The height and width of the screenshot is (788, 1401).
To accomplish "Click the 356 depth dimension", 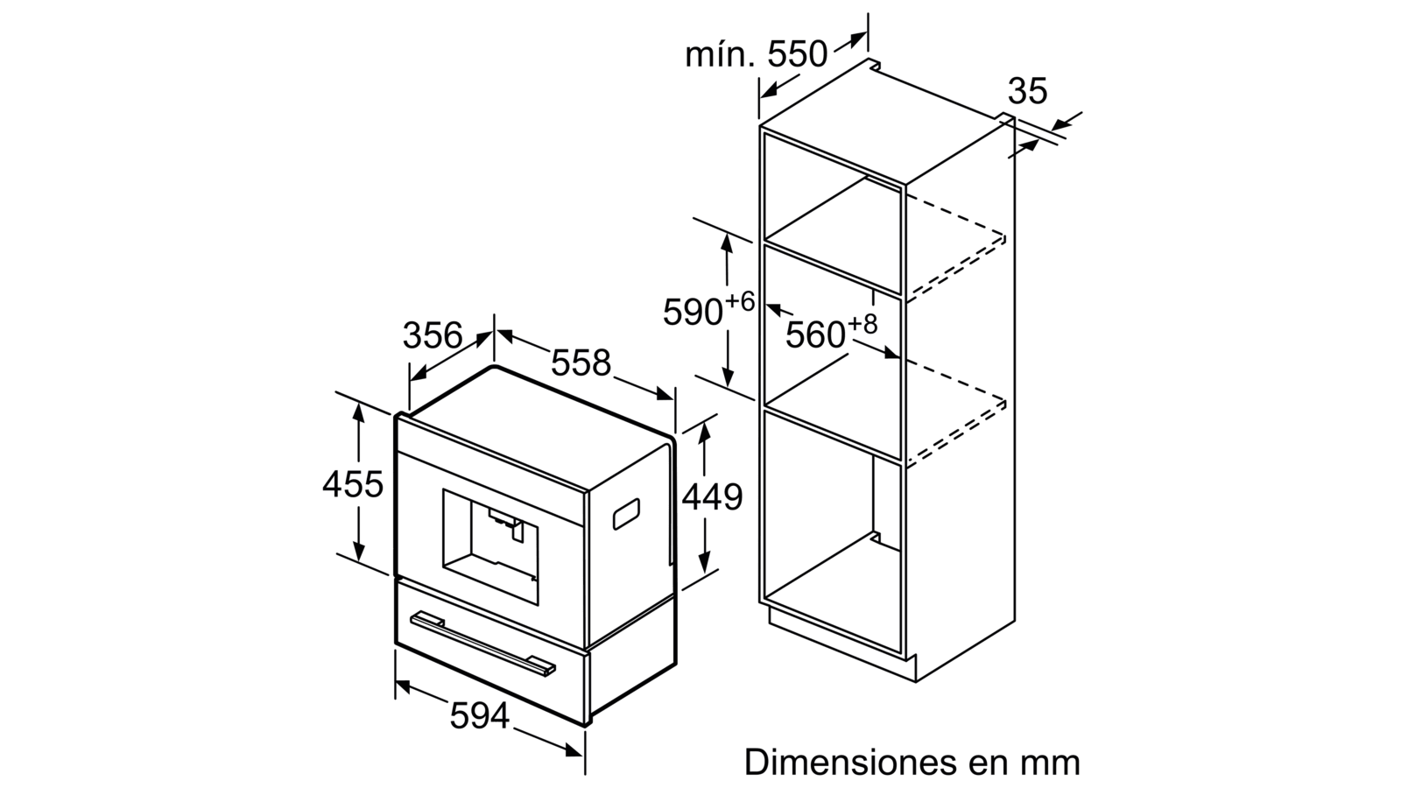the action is coord(433,335).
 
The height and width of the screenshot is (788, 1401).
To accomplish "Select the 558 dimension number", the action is coord(581,362).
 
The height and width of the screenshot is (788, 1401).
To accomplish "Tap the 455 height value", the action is coord(353,483).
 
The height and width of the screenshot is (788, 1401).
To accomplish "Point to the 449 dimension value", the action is coord(712,497).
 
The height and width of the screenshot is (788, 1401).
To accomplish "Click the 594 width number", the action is coord(480,715).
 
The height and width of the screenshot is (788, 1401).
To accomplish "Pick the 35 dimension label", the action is coord(1027,91).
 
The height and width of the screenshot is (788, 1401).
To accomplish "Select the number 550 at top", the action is coord(797,54).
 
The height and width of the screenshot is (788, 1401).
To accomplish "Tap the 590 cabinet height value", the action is coord(693,312).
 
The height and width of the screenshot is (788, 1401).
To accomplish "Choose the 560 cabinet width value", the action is coord(815,335).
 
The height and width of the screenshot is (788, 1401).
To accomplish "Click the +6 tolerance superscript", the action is coord(740,301).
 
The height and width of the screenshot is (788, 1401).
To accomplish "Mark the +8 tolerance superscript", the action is coord(862,324).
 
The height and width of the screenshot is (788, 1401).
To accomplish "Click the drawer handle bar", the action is coord(482,643).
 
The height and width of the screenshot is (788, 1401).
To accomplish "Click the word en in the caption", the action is coord(987,764).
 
